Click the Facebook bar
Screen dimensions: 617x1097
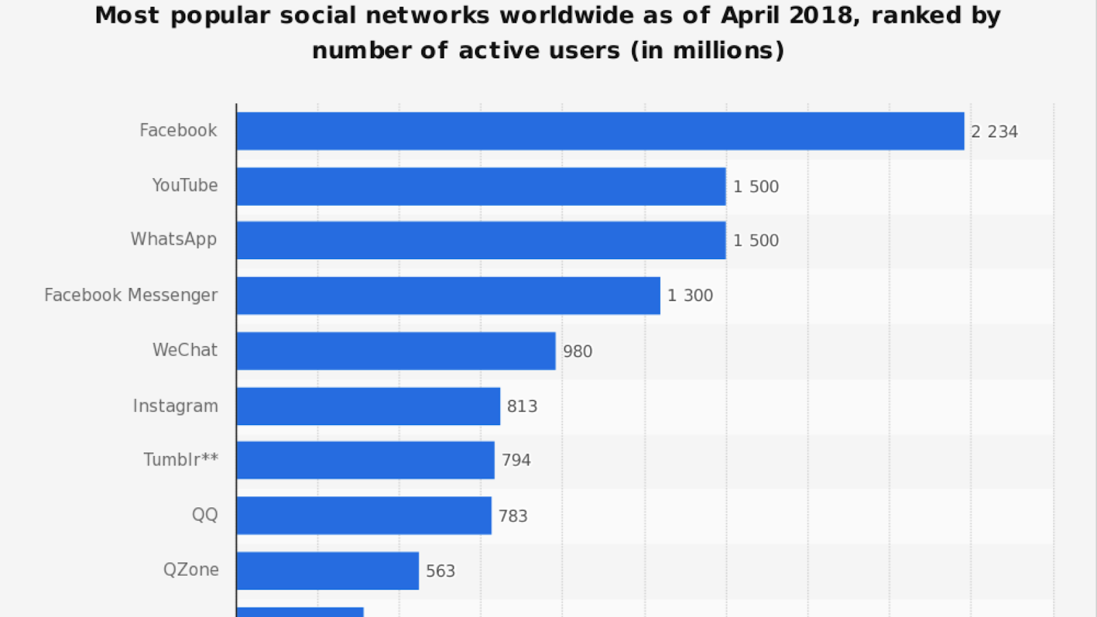pos(600,131)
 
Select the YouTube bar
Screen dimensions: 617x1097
pos(481,186)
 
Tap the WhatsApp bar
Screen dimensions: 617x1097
pos(481,240)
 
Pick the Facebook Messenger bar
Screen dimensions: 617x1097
pos(448,295)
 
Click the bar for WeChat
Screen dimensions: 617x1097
pos(396,350)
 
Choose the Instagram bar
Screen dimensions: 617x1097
pos(368,406)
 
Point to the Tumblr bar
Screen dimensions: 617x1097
pos(365,460)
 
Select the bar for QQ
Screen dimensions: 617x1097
pos(364,516)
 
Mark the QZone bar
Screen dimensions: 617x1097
pos(328,570)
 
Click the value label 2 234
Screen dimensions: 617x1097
pos(994,132)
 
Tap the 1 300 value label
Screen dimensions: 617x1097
pos(690,295)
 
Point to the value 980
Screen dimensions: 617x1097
pos(577,352)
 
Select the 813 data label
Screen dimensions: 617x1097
pos(522,407)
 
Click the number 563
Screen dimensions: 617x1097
pos(440,571)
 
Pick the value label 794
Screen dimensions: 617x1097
pos(516,460)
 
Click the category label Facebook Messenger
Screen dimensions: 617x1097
pos(131,295)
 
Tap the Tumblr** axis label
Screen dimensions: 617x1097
pos(181,459)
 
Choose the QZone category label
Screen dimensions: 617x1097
pos(191,570)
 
